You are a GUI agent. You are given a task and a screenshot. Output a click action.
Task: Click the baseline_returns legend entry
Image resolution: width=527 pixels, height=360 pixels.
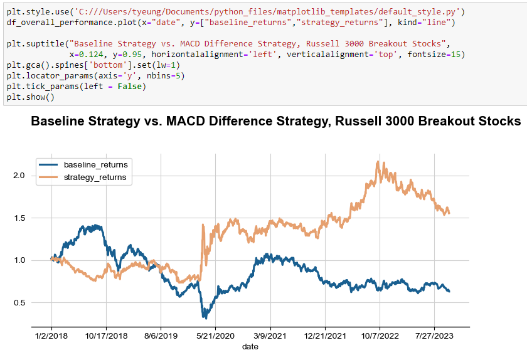(x=95, y=164)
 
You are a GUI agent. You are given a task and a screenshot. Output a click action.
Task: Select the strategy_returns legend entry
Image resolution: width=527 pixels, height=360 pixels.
(x=95, y=177)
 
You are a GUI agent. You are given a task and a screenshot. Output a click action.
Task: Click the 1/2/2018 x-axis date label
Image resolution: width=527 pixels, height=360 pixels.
(x=51, y=337)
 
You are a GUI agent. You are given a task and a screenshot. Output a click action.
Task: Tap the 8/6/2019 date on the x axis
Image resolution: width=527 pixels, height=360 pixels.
(x=161, y=337)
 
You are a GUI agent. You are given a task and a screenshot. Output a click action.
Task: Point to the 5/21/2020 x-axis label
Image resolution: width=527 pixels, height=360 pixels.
(x=215, y=337)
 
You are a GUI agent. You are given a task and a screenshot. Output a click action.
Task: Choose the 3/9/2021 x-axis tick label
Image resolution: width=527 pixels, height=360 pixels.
(x=270, y=337)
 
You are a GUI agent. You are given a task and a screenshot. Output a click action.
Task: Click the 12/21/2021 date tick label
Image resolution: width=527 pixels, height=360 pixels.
(x=325, y=337)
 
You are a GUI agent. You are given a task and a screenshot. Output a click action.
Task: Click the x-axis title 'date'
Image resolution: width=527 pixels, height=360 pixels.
(x=250, y=347)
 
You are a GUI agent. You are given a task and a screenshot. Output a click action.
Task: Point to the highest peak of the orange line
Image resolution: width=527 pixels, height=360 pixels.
(x=378, y=162)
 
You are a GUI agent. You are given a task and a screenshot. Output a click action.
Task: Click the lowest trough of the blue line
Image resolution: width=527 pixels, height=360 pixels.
(x=203, y=317)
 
